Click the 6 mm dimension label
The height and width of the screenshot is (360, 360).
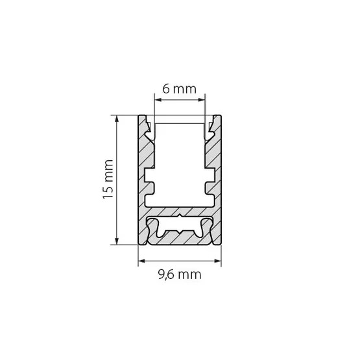(x=179, y=89)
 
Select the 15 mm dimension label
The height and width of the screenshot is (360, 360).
(x=108, y=179)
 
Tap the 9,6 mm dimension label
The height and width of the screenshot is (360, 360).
(x=180, y=274)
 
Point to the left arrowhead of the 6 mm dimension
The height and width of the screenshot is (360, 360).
(x=158, y=100)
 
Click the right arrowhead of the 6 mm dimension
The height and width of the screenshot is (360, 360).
(x=201, y=100)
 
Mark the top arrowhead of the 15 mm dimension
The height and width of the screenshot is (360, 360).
(x=117, y=119)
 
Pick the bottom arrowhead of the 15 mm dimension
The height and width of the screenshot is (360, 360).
(x=117, y=241)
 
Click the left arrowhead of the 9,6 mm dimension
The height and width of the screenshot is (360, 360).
(x=142, y=261)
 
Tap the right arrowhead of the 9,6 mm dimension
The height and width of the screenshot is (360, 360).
(x=217, y=261)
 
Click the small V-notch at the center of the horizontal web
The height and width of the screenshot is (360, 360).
(x=180, y=216)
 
